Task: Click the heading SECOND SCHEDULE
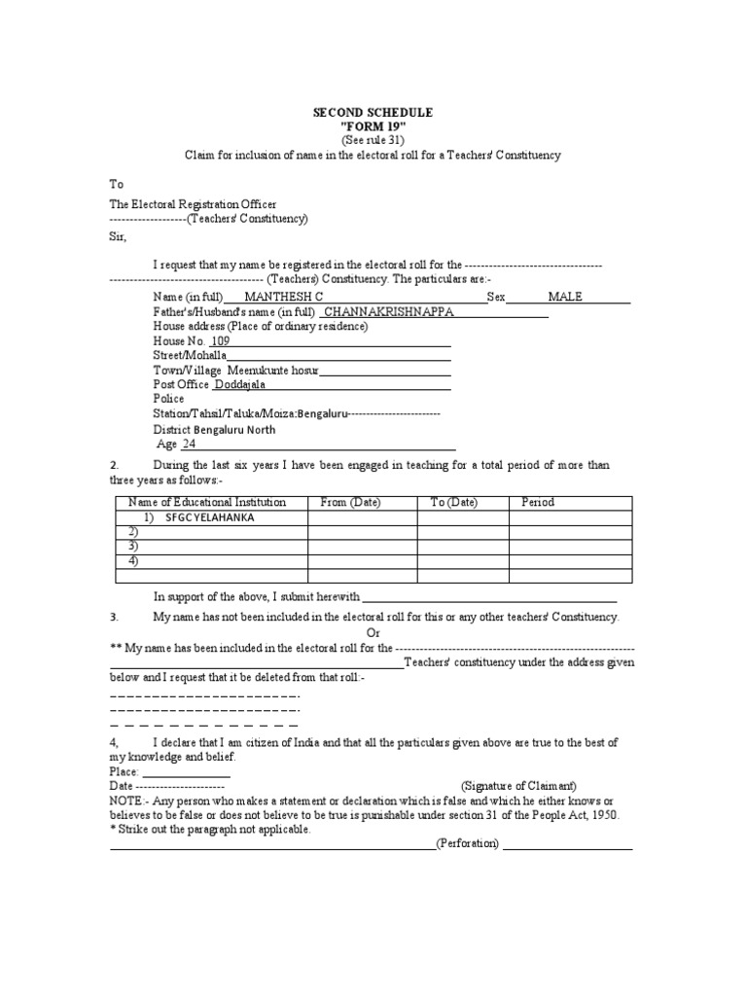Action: click(x=373, y=113)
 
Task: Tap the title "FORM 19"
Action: click(x=373, y=126)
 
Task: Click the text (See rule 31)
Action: click(x=373, y=140)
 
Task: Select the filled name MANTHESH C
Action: click(x=284, y=297)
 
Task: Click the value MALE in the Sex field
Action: click(x=565, y=297)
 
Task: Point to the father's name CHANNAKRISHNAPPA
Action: click(x=387, y=312)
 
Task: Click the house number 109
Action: click(x=221, y=341)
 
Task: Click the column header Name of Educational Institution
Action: click(x=207, y=502)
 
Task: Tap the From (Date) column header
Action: click(x=351, y=502)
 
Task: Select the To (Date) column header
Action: click(x=454, y=502)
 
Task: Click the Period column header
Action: click(x=538, y=502)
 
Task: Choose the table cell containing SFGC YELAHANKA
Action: click(x=210, y=517)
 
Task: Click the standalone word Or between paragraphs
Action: click(x=373, y=632)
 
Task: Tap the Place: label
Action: click(x=125, y=770)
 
